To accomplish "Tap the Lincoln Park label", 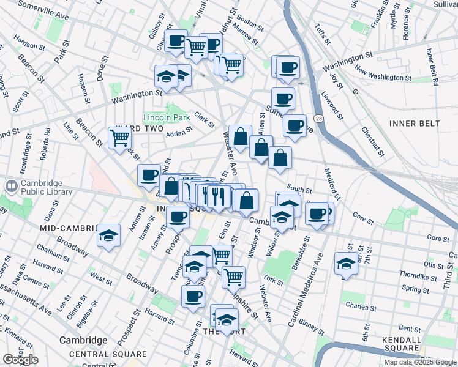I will click(167, 117).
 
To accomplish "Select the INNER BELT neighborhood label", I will click(415, 124).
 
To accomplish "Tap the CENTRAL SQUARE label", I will click(108, 354).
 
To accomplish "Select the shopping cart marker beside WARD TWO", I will click(119, 138).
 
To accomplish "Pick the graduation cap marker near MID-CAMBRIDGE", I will click(108, 235).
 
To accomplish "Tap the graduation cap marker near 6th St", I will click(345, 264).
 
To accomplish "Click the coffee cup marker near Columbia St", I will click(193, 297).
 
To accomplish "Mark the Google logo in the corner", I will click(20, 360).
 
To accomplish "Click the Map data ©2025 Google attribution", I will click(420, 362).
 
